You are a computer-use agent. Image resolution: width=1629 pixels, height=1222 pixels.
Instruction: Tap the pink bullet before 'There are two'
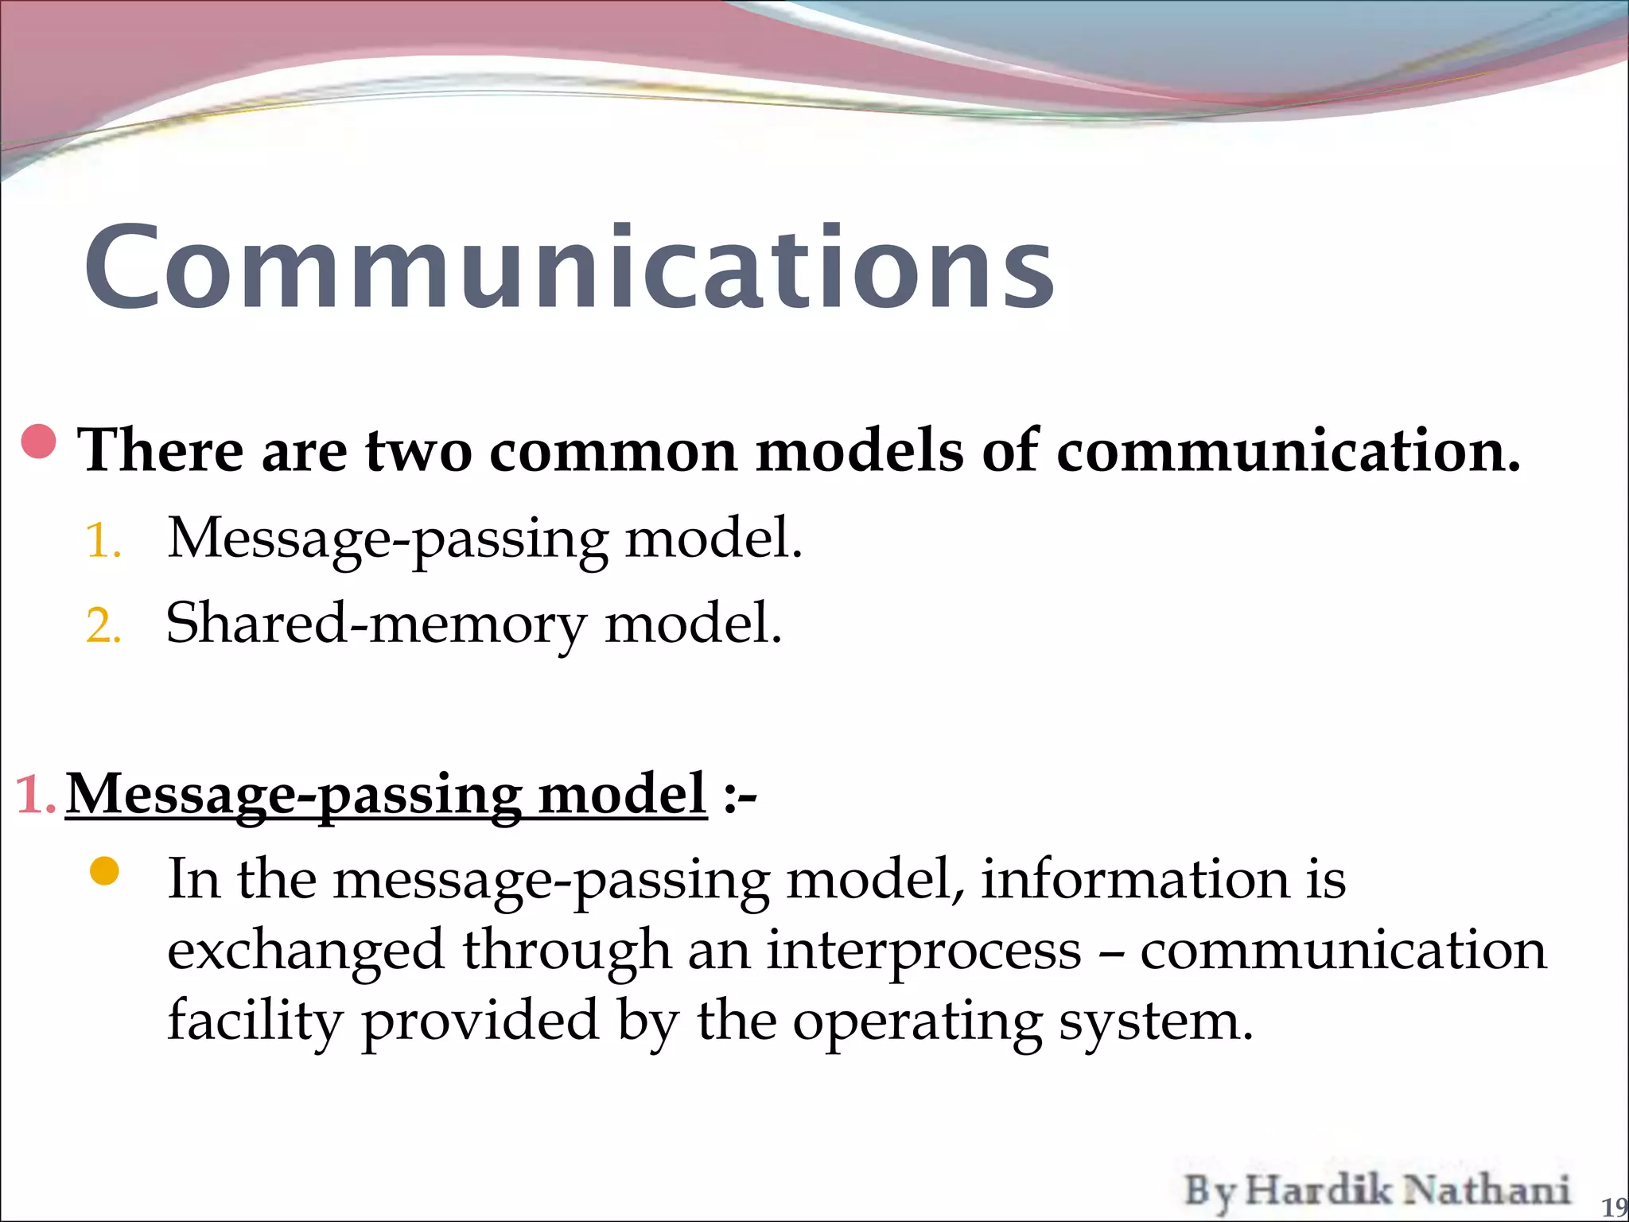[38, 442]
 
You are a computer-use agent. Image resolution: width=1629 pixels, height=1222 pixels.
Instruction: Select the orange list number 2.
[103, 626]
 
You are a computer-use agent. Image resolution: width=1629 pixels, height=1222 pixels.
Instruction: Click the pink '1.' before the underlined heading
[35, 794]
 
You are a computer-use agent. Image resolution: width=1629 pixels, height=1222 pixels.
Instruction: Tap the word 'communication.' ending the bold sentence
[1288, 451]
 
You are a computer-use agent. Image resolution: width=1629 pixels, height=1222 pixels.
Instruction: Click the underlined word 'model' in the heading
[622, 794]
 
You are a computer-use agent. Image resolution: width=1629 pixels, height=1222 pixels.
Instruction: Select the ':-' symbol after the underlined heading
[740, 796]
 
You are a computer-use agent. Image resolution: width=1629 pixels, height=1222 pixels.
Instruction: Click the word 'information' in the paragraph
[1134, 880]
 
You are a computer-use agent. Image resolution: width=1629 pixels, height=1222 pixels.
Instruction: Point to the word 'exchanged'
[305, 951]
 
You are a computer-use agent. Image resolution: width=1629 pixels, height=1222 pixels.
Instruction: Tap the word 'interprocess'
[923, 951]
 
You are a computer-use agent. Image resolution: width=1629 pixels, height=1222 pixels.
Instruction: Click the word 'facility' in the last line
[255, 1022]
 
